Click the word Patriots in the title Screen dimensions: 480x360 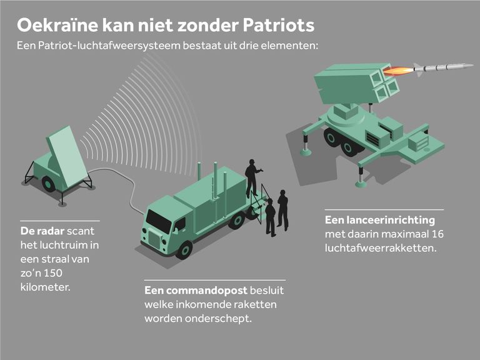[x=279, y=25]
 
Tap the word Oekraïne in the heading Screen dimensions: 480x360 [x=57, y=25]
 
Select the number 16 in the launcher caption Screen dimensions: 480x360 [x=438, y=234]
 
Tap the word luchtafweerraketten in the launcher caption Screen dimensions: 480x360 [x=380, y=247]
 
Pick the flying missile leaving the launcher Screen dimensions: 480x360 [x=442, y=67]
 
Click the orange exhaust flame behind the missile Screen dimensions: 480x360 [x=398, y=71]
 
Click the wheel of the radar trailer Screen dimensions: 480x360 [x=48, y=184]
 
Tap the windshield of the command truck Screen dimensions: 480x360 [x=158, y=221]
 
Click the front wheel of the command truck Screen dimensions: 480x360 [x=184, y=249]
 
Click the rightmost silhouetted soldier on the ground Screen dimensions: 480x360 [x=283, y=210]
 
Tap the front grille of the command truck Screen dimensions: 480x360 [x=154, y=239]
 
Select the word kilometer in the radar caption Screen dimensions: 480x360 [x=45, y=287]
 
